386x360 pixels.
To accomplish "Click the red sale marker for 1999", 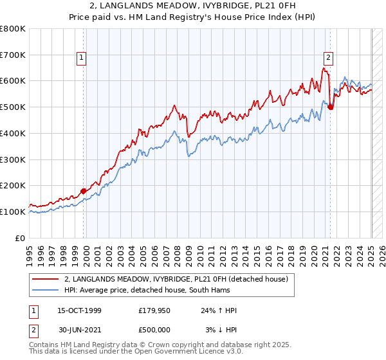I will tap(83, 191).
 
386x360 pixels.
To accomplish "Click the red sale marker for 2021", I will tap(331, 107).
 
